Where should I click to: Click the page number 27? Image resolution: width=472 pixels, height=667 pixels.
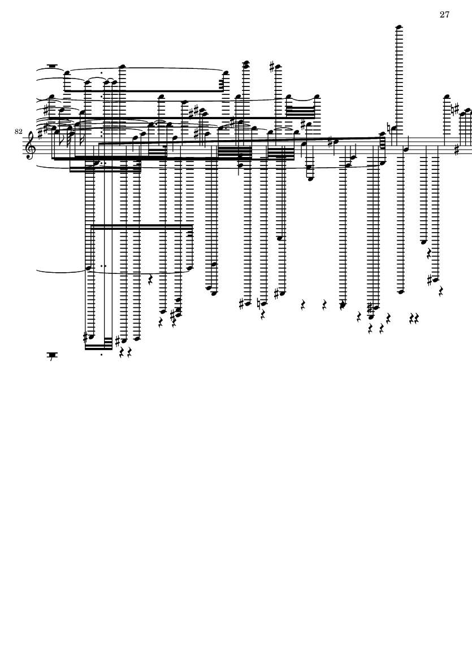point(444,15)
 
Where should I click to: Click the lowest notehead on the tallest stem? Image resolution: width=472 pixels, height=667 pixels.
point(399,291)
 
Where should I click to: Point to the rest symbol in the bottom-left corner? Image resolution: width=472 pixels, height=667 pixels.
point(51,356)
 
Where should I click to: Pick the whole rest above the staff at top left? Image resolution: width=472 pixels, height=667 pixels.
point(52,66)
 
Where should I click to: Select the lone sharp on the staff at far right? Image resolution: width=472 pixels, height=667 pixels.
point(456,151)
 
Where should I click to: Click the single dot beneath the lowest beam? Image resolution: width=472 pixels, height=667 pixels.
point(101,355)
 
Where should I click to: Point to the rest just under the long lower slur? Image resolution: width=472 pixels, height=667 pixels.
point(150,279)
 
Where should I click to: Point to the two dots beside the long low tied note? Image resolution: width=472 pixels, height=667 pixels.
point(103,265)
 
